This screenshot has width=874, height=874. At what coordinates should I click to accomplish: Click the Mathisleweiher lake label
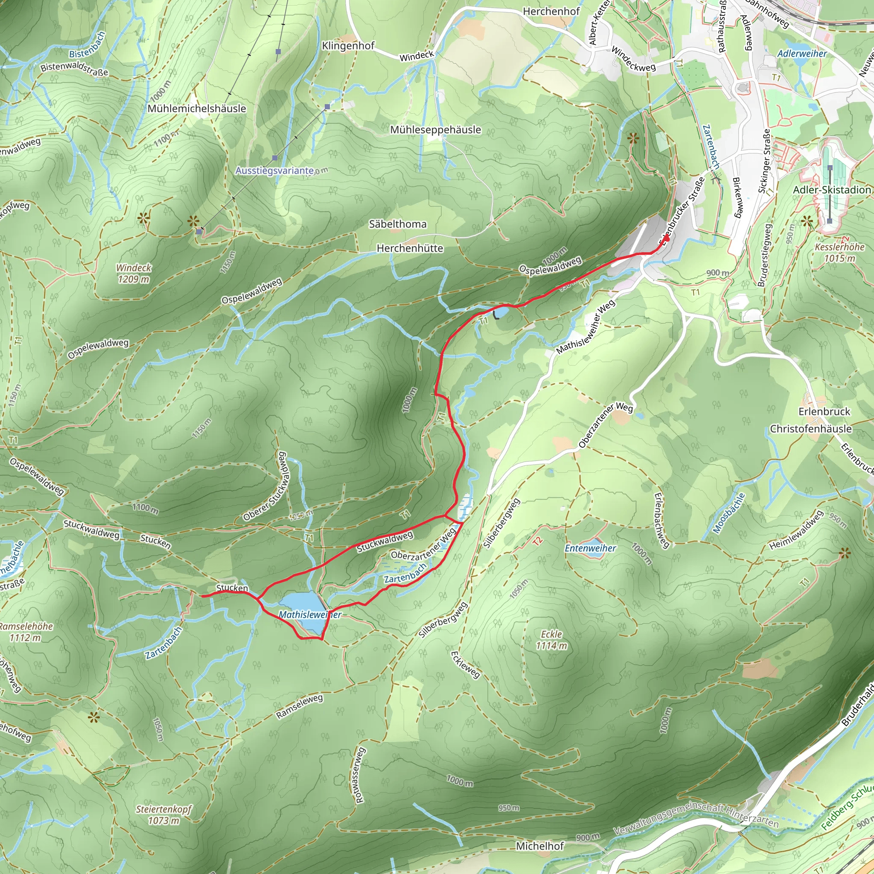[x=310, y=615]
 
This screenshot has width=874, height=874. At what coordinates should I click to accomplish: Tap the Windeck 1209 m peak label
[x=133, y=273]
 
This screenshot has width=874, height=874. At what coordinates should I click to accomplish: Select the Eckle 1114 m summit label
[x=551, y=640]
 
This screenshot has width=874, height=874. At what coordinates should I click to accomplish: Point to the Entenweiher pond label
[x=590, y=548]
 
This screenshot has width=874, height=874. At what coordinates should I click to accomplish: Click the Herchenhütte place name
[x=410, y=248]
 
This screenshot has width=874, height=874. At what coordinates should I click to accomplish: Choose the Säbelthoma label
[x=398, y=224]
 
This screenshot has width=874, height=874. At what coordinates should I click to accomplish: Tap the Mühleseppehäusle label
[x=436, y=130]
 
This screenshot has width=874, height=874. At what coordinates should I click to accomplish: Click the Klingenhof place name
[x=348, y=46]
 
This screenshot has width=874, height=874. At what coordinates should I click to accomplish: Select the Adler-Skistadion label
[x=832, y=189]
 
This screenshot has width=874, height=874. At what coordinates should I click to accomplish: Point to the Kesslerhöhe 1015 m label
[x=839, y=253]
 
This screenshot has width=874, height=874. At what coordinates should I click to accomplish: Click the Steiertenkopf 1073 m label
[x=164, y=815]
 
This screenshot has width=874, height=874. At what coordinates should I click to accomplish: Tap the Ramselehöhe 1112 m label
[x=26, y=632]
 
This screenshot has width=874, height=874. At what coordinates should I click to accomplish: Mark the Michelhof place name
[x=540, y=846]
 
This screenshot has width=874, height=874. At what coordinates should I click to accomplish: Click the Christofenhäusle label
[x=811, y=428]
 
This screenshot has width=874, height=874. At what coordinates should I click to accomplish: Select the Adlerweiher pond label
[x=802, y=53]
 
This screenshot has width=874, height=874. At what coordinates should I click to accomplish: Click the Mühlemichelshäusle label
[x=197, y=108]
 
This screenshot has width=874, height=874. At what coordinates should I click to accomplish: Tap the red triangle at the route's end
[x=666, y=238]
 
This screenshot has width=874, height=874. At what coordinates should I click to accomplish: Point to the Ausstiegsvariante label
[x=274, y=171]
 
